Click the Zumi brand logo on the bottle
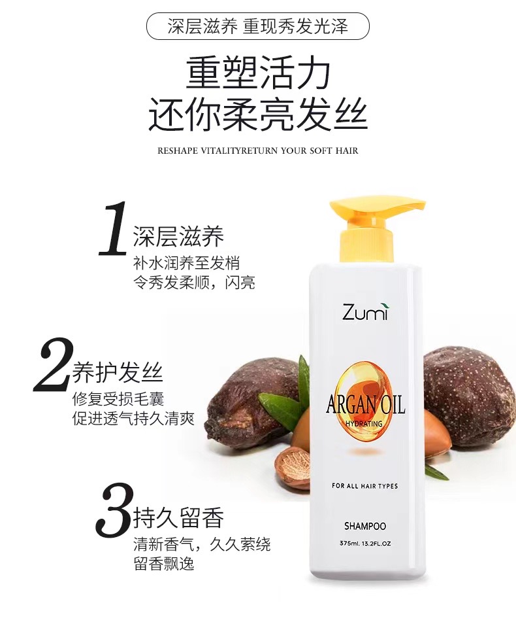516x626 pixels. (x=364, y=312)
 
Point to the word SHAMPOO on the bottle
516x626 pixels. (x=365, y=526)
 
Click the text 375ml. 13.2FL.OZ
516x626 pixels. (x=365, y=544)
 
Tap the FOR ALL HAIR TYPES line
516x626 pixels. (x=365, y=486)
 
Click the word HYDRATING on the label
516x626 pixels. (x=364, y=424)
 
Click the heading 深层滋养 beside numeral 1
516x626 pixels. (x=179, y=236)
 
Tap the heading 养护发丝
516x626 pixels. (x=118, y=372)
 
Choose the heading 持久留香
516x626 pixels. (x=179, y=517)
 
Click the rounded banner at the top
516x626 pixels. (x=258, y=26)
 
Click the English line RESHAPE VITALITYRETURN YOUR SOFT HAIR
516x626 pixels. (x=258, y=151)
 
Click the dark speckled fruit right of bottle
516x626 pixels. (x=468, y=397)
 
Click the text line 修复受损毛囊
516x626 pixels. (x=118, y=399)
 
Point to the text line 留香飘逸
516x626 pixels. (x=164, y=564)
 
